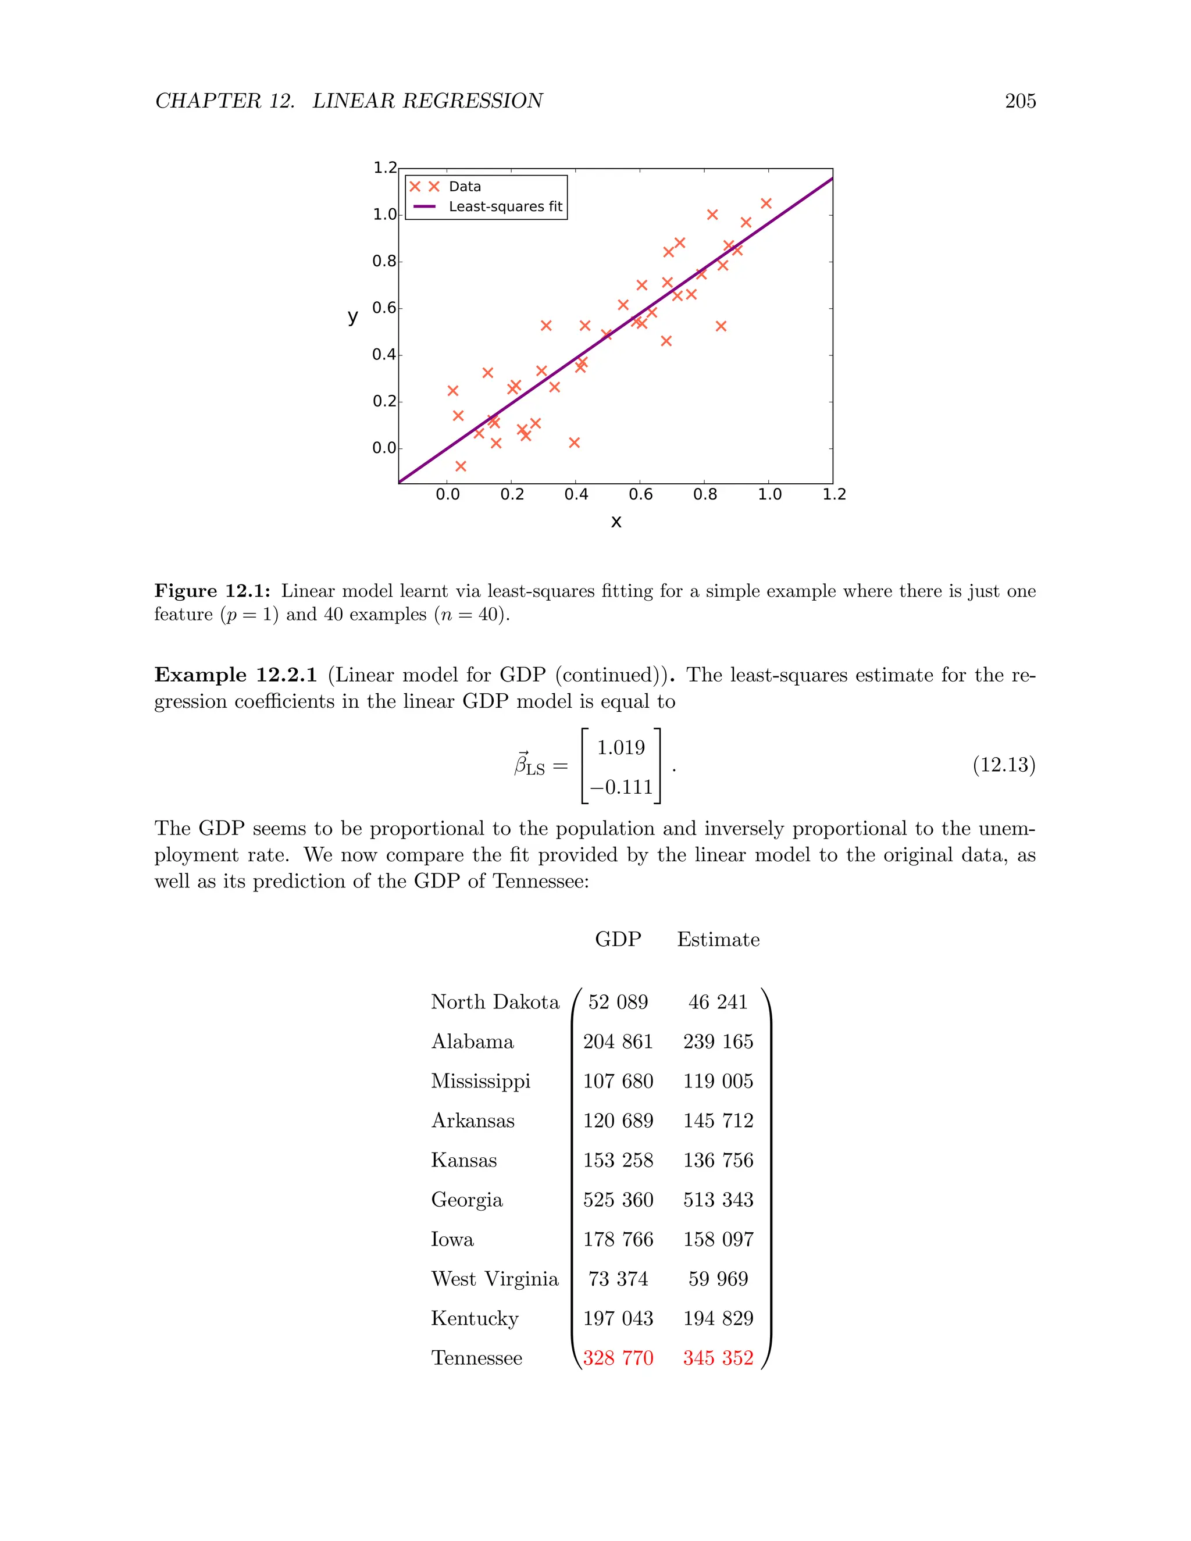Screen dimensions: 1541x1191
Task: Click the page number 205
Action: (1019, 101)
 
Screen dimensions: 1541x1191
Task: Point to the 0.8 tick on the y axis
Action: (384, 261)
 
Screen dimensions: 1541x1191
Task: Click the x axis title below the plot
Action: (616, 522)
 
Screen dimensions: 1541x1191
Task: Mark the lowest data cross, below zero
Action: (461, 466)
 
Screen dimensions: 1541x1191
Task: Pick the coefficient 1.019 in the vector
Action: (621, 747)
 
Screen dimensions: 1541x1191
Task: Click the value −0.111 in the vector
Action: (621, 787)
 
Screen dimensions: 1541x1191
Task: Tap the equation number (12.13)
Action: (1003, 765)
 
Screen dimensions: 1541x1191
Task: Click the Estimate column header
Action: (718, 940)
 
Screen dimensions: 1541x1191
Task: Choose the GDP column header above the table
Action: (618, 940)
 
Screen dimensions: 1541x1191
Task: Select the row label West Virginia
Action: (495, 1279)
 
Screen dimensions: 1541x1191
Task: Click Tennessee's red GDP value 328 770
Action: (618, 1358)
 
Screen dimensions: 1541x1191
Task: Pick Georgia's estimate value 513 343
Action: (718, 1200)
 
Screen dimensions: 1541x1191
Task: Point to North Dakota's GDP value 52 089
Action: (618, 1003)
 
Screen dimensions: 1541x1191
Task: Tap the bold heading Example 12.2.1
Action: (236, 675)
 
